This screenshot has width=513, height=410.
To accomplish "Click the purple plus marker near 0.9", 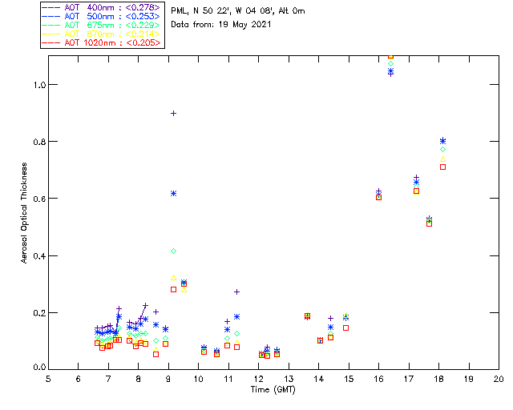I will (173, 114).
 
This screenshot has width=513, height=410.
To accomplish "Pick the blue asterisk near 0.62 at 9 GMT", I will (173, 193).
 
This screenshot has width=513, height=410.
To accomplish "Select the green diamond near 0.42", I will (173, 251).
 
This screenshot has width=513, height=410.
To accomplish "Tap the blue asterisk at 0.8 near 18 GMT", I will (442, 141).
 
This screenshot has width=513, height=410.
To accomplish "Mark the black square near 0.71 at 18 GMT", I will (442, 167).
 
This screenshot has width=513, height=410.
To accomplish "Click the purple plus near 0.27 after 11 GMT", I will (236, 291).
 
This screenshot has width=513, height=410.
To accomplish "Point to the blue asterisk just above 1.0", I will (390, 72).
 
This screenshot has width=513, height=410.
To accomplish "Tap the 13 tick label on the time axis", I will (289, 378).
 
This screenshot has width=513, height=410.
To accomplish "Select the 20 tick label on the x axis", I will (499, 378).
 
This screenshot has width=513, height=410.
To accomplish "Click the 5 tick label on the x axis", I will (48, 378).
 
